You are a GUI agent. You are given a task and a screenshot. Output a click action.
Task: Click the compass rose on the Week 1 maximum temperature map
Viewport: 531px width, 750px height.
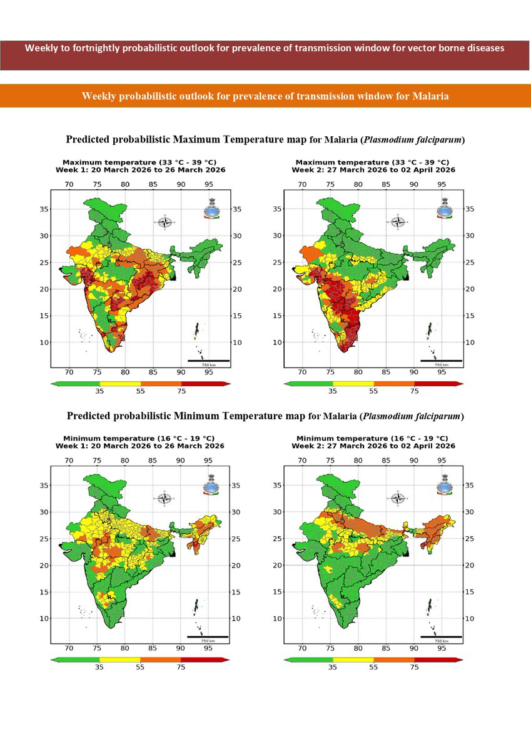tap(165, 222)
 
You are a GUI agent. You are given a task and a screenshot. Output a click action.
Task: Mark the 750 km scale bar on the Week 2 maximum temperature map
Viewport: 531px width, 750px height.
tap(442, 361)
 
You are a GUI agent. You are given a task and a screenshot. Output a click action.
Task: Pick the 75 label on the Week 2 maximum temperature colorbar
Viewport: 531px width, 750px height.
tap(414, 391)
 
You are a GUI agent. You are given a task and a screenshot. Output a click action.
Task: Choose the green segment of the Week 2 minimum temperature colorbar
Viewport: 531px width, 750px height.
tap(309, 659)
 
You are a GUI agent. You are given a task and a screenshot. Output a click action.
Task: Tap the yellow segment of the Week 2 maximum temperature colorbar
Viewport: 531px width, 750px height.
tap(353, 382)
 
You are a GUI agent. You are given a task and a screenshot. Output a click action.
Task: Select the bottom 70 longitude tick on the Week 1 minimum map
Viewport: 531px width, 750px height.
tap(69, 647)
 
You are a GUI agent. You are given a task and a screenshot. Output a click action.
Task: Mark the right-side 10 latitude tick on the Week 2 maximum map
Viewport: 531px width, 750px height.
tap(470, 342)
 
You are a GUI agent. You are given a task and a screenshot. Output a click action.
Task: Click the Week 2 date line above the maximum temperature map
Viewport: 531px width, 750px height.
tap(373, 170)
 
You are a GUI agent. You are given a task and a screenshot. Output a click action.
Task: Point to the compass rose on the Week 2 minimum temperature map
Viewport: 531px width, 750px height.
tap(398, 498)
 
